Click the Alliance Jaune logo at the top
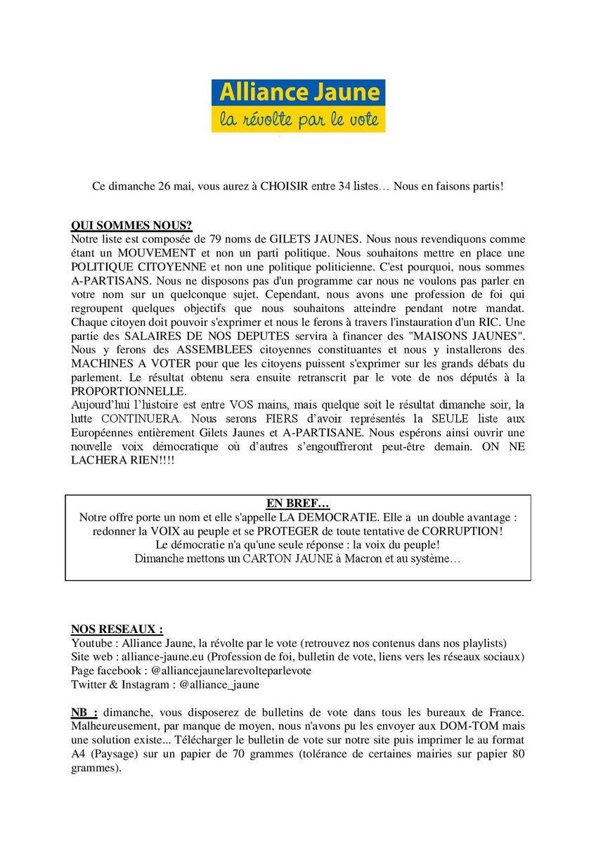click(x=298, y=106)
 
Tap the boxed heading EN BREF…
click(x=297, y=504)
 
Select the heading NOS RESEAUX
click(x=117, y=628)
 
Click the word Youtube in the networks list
click(x=91, y=643)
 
